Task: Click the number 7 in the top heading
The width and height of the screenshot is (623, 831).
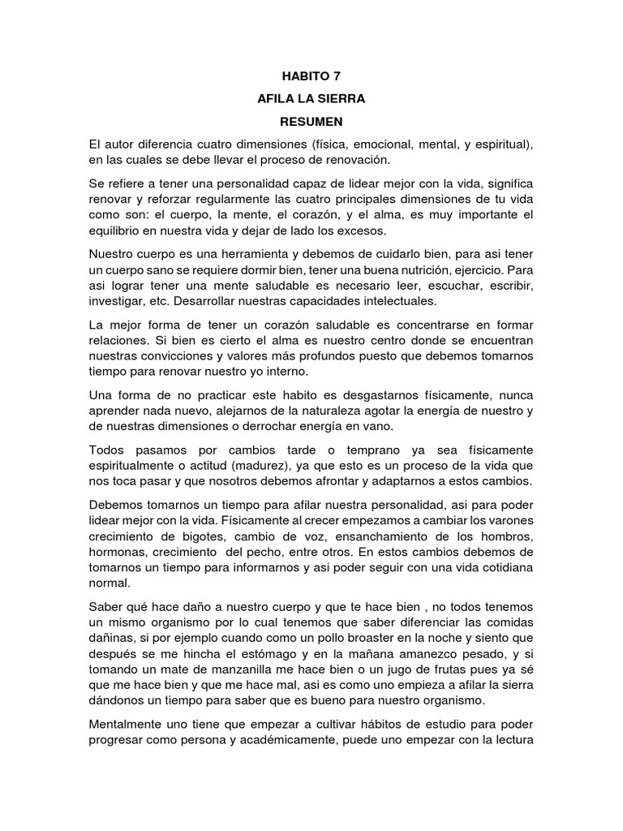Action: pos(326,76)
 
